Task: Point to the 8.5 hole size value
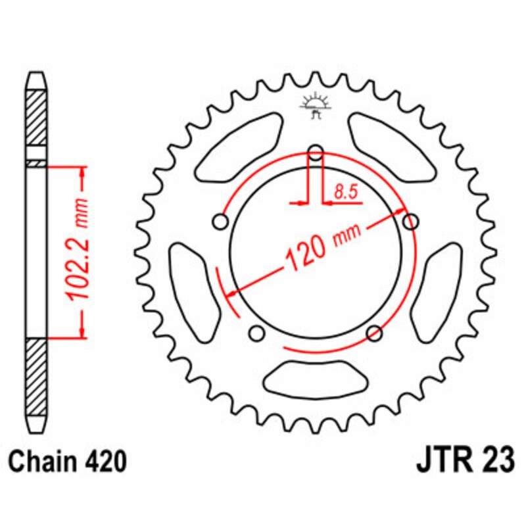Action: tap(345, 193)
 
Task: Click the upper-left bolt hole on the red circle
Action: tap(220, 223)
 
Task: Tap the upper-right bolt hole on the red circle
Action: tap(411, 222)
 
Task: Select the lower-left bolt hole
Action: tap(257, 333)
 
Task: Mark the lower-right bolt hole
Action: tap(375, 333)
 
